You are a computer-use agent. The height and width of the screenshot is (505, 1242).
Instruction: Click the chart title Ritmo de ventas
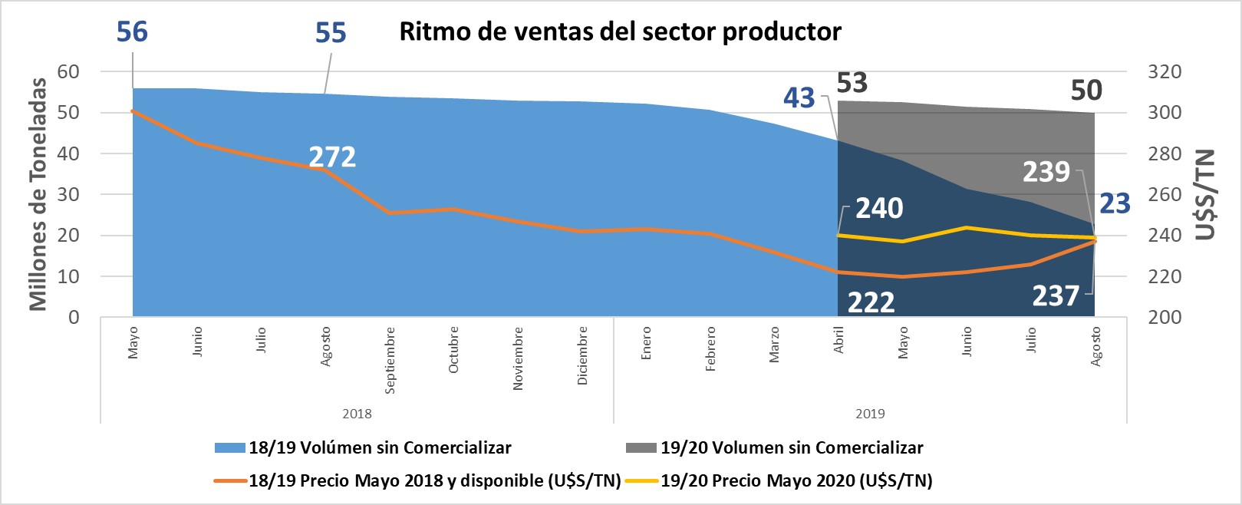pyautogui.click(x=620, y=31)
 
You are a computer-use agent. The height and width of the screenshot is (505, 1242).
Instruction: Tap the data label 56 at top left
pyautogui.click(x=132, y=31)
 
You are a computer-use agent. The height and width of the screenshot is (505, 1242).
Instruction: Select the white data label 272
pyautogui.click(x=332, y=157)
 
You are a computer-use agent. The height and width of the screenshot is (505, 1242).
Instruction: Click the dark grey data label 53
pyautogui.click(x=852, y=82)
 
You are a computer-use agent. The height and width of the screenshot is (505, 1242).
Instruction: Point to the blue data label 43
pyautogui.click(x=799, y=98)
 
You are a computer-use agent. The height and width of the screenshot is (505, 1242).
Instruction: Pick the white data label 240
pyautogui.click(x=879, y=208)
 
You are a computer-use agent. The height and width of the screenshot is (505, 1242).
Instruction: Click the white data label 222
pyautogui.click(x=871, y=302)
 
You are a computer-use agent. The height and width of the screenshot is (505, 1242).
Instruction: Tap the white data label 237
pyautogui.click(x=1056, y=295)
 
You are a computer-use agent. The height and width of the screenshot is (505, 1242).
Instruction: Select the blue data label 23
pyautogui.click(x=1115, y=203)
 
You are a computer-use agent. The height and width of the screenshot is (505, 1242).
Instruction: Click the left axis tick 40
pyautogui.click(x=68, y=153)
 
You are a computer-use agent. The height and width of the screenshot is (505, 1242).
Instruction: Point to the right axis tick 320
pyautogui.click(x=1164, y=72)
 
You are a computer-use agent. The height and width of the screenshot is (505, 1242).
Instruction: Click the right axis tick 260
pyautogui.click(x=1164, y=195)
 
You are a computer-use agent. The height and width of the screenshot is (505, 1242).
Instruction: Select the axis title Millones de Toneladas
pyautogui.click(x=38, y=195)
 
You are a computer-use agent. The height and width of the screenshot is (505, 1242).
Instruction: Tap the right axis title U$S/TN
pyautogui.click(x=1206, y=195)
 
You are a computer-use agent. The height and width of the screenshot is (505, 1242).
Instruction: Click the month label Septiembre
pyautogui.click(x=390, y=360)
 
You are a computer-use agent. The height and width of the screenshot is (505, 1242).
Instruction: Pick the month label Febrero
pyautogui.click(x=710, y=349)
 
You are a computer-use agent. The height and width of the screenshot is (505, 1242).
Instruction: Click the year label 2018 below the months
pyautogui.click(x=357, y=414)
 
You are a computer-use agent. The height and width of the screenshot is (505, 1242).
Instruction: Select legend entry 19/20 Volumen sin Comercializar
pyautogui.click(x=791, y=447)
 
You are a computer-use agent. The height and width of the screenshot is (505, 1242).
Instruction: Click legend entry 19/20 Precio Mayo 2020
pyautogui.click(x=796, y=481)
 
